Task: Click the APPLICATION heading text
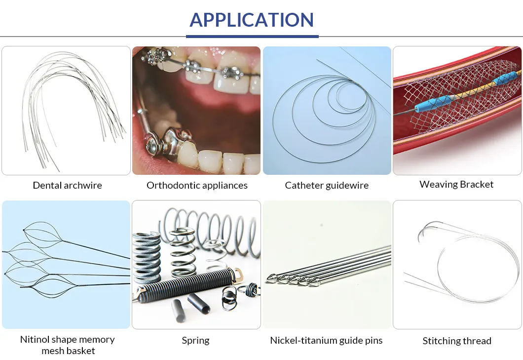[x=252, y=20]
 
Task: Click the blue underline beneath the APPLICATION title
[x=252, y=36]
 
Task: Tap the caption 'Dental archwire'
[x=67, y=186]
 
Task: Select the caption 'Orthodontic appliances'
[x=197, y=186]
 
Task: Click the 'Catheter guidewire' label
[x=327, y=186]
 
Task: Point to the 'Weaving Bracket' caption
[x=456, y=184]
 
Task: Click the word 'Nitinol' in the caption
[x=36, y=340]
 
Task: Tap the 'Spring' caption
[x=195, y=341]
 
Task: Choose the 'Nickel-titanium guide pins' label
[x=326, y=341]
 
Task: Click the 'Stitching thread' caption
[x=457, y=341]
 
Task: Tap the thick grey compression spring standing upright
[x=146, y=257]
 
